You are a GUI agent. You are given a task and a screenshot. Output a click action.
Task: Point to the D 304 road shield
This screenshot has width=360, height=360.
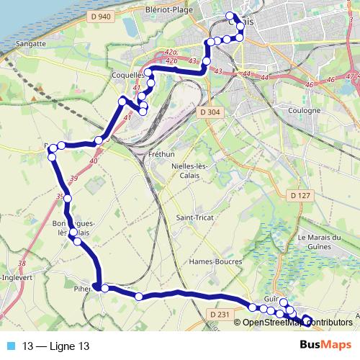210,112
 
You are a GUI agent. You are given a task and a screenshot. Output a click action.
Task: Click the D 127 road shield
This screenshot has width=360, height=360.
300,195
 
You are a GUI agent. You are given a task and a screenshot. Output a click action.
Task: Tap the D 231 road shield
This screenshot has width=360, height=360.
221,314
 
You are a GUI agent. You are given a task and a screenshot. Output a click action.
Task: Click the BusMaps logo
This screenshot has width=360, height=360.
325,346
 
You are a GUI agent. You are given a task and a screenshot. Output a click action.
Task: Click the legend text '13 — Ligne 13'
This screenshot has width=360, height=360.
57,346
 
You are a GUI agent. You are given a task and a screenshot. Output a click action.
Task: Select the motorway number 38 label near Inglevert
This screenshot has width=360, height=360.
22,264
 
